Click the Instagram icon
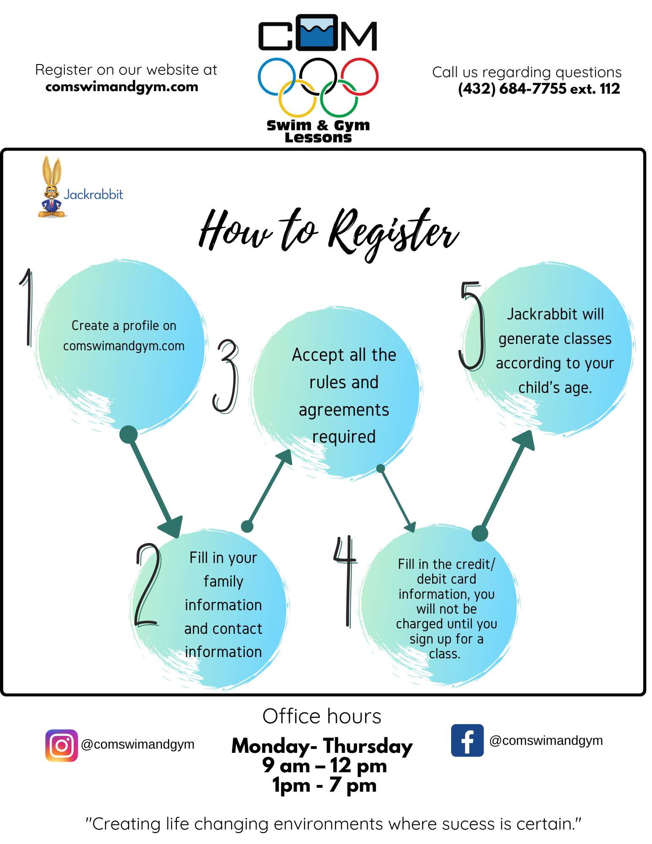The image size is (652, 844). [x=62, y=745]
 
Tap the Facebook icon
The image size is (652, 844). [x=467, y=741]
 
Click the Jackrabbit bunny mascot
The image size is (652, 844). [x=51, y=188]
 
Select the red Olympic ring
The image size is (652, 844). [x=360, y=76]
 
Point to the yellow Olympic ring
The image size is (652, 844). [x=297, y=98]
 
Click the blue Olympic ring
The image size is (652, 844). [x=276, y=76]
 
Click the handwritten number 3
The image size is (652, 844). [x=226, y=376]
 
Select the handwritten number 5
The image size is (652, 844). [x=472, y=325]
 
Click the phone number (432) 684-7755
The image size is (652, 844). [x=512, y=89]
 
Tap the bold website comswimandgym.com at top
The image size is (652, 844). [x=122, y=87]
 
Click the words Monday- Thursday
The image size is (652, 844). [x=322, y=746]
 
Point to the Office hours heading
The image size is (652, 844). [x=322, y=716]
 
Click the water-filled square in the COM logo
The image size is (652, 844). [x=317, y=33]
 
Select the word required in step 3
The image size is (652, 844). [x=344, y=437]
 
